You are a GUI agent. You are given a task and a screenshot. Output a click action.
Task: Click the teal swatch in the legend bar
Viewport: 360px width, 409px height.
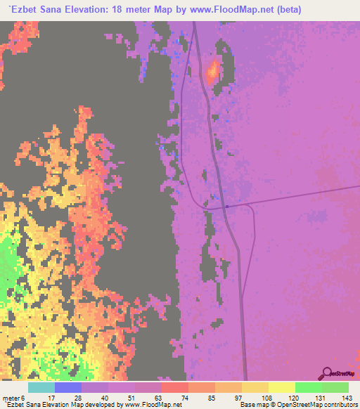[41, 387]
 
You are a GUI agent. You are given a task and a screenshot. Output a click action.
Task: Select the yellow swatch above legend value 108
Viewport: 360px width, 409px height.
[255, 387]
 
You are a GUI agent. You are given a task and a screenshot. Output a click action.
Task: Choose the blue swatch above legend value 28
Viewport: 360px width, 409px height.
[68, 387]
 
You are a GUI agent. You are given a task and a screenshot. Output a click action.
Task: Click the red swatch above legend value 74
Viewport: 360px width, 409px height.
[175, 387]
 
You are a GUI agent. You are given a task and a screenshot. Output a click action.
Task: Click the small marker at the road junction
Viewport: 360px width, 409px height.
[226, 206]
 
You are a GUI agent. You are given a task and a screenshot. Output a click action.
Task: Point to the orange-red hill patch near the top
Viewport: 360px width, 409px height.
[212, 70]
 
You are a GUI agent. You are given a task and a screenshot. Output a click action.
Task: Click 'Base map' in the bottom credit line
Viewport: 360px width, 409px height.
[252, 405]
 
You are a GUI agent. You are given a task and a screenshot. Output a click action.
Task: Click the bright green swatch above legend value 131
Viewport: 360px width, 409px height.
[309, 387]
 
